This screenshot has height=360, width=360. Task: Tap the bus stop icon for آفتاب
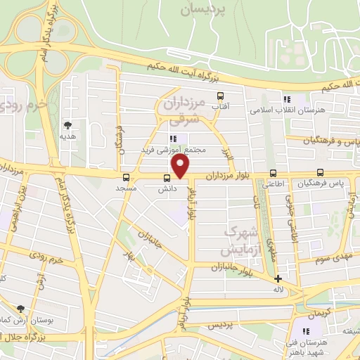coord(221,96)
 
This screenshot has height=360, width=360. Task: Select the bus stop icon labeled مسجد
coord(126,177)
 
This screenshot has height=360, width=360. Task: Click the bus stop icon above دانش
coord(167,177)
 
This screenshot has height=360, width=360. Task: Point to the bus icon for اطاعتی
coord(274,174)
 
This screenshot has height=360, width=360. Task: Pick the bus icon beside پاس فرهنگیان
coord(321,173)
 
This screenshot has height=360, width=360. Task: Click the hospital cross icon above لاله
coord(278,278)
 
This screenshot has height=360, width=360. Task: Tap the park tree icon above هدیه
coord(67,124)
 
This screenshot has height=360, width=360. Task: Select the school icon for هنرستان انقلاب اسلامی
coord(287,99)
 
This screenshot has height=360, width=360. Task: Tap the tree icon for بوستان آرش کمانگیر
coord(20,309)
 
